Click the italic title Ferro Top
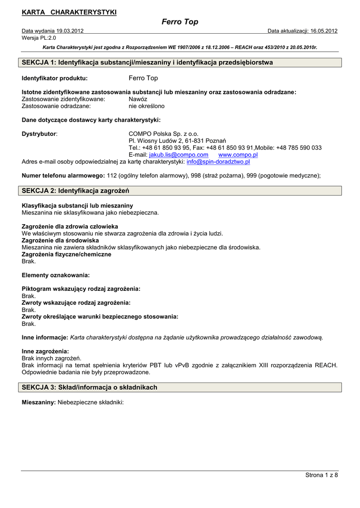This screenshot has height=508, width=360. point(180,22)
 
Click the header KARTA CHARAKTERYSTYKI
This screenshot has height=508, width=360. point(70,12)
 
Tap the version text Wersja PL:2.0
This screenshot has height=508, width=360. point(39,38)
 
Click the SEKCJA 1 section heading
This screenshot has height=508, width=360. point(147,63)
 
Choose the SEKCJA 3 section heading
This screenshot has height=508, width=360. point(90,387)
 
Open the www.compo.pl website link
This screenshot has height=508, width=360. point(234,155)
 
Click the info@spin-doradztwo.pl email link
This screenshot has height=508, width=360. point(218,162)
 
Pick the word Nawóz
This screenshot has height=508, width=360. point(138,99)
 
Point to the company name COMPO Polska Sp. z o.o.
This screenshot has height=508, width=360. point(163,134)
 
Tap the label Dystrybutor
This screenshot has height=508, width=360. point(39,134)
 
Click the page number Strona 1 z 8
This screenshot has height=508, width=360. point(321,475)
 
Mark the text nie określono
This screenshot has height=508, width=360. point(146,106)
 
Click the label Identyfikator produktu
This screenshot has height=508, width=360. point(55,78)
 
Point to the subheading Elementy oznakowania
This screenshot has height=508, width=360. point(56,275)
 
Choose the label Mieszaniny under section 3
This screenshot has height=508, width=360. point(38,403)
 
